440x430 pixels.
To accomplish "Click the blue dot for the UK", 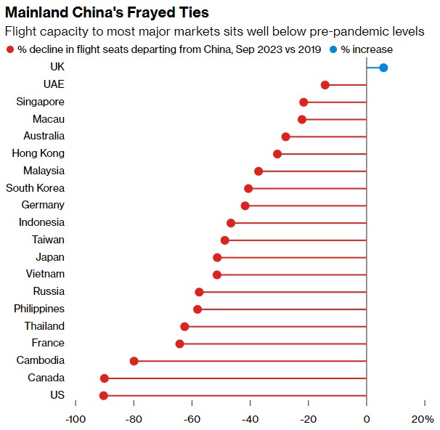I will (x=383, y=68).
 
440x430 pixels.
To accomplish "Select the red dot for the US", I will (x=104, y=395).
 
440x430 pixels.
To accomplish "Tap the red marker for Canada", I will (x=105, y=378).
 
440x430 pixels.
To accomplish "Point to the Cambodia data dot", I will (x=134, y=361).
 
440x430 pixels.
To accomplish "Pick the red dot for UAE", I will (x=325, y=85).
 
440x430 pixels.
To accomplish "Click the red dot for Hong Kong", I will (x=277, y=154).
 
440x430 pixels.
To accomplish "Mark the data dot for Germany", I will (x=245, y=206).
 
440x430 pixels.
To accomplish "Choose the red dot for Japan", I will (x=217, y=258).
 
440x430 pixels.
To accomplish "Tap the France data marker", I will (x=180, y=344).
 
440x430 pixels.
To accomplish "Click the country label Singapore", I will (x=40, y=102).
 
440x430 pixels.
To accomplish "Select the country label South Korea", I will (x=35, y=188).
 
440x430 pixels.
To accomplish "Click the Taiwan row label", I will (x=48, y=240).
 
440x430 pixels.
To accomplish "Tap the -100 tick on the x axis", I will (x=75, y=420).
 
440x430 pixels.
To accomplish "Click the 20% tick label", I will (x=422, y=420).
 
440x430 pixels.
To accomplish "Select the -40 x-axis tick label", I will (x=250, y=420).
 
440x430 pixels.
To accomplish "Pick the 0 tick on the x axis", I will (x=367, y=420).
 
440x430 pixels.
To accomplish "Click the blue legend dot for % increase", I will (x=333, y=49).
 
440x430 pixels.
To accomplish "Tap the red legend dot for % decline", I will (x=9, y=49).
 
